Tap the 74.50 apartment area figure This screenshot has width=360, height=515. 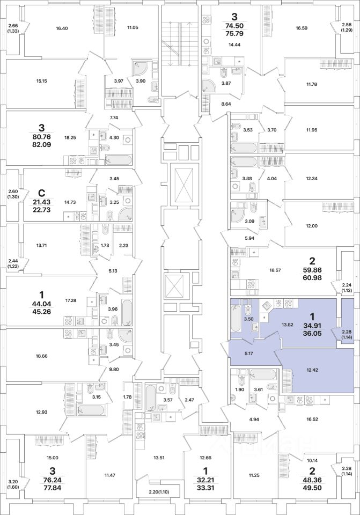234,26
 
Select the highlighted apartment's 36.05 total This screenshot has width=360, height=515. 312,333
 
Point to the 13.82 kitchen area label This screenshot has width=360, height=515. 287,325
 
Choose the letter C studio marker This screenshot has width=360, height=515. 41,193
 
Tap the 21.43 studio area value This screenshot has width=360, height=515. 41,202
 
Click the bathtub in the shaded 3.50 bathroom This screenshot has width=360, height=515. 235,318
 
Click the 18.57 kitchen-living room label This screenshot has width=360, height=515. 275,270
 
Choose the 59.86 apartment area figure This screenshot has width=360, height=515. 312,270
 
